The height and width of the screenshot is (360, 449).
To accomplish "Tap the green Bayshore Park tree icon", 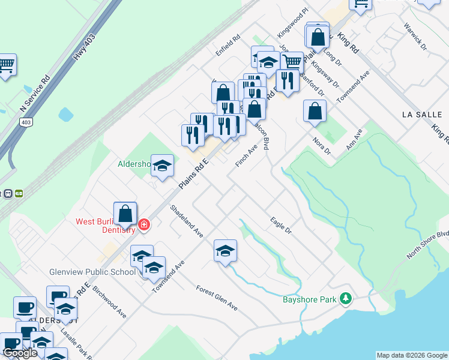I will (x=345, y=298).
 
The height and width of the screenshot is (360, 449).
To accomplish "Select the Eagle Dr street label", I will (x=280, y=226).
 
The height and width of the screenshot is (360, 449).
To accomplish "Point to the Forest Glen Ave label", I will (x=217, y=298).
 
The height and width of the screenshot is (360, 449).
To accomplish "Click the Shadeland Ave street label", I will (x=187, y=221).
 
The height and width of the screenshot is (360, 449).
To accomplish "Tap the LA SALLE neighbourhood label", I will (x=421, y=114).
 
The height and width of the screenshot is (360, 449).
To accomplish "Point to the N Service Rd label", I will (x=34, y=94).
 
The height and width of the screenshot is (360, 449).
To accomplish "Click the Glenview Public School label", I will (x=93, y=272).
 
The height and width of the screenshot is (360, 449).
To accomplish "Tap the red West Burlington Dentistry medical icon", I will (x=144, y=225).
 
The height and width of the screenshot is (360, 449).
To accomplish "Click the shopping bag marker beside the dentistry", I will (x=125, y=214).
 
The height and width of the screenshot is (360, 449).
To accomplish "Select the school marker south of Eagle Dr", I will (x=225, y=251).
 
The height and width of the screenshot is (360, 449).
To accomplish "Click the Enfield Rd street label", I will (x=228, y=45).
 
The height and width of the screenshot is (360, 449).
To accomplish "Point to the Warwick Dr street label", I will (x=415, y=37).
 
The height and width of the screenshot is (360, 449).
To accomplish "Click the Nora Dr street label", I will (x=322, y=146).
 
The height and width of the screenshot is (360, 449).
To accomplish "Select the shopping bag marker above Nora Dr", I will (x=315, y=111).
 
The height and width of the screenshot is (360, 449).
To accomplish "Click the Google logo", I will (x=20, y=353).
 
